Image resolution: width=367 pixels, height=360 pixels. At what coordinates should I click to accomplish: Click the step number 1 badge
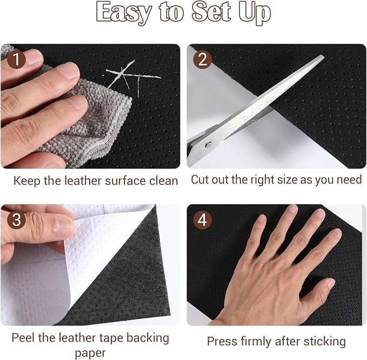[16, 59]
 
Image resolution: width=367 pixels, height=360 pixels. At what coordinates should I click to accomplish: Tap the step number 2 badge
[203, 59]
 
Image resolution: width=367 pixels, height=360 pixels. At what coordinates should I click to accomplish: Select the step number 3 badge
[16, 220]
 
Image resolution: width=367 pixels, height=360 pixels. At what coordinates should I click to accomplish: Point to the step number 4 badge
[203, 220]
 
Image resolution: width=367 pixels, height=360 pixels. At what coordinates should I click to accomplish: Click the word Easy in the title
[124, 12]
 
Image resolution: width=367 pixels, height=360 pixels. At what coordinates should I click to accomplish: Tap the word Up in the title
[255, 14]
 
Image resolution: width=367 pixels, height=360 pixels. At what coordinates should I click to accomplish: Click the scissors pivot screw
[208, 145]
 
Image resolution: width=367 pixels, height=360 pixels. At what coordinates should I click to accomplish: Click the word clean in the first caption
[164, 181]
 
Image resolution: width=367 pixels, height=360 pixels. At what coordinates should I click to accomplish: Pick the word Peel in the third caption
[23, 337]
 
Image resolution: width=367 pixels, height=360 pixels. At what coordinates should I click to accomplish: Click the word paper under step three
[90, 353]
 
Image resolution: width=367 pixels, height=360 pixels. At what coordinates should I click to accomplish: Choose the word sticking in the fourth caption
[324, 342]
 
